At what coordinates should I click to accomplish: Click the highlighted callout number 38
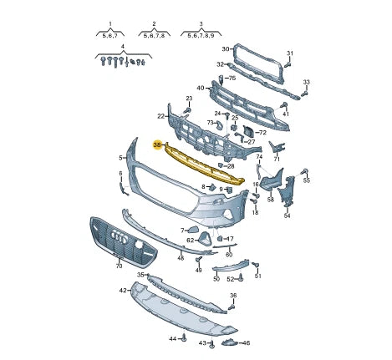(x=157, y=145)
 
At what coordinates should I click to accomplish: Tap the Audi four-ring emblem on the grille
(x=119, y=238)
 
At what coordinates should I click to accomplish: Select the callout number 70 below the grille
(x=119, y=266)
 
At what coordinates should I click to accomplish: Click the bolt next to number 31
(x=288, y=64)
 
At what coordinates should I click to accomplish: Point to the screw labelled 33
(x=304, y=94)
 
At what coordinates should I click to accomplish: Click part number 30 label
(x=225, y=49)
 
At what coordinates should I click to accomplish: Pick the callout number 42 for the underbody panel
(x=123, y=291)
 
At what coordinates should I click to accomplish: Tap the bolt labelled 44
(x=184, y=338)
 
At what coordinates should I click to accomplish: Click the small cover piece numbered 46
(x=229, y=342)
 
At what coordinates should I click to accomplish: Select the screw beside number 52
(x=242, y=277)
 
